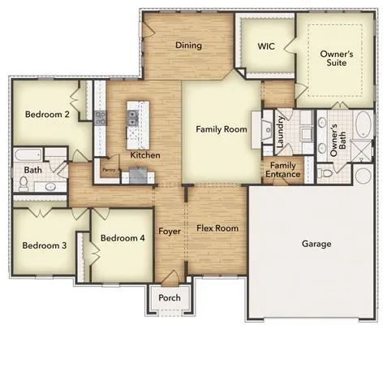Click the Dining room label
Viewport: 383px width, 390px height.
(x=188, y=45)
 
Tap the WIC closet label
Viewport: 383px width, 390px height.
(x=266, y=46)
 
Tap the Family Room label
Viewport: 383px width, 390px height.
(x=220, y=129)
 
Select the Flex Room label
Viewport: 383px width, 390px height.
(x=217, y=228)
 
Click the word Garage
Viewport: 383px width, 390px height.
(x=316, y=244)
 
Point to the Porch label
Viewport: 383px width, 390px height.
(x=170, y=297)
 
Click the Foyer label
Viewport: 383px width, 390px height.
(x=169, y=231)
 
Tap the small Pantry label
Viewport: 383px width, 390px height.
(x=109, y=170)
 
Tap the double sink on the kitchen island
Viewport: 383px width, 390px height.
(x=131, y=119)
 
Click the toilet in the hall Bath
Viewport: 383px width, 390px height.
(x=23, y=185)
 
